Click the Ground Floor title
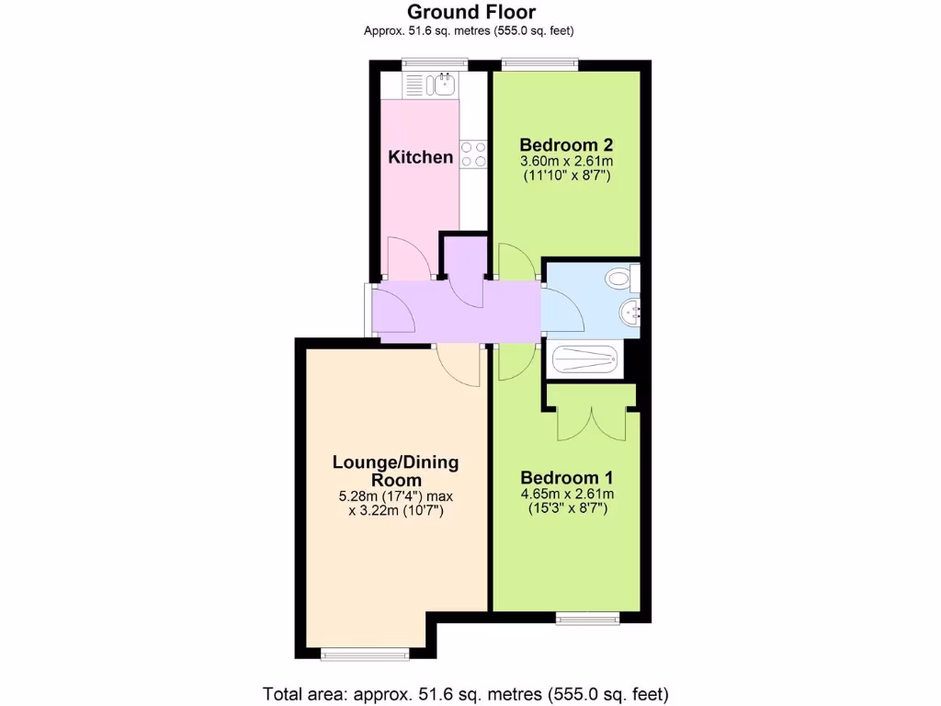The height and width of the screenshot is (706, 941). [x=470, y=12]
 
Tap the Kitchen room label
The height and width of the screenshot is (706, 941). [x=421, y=157]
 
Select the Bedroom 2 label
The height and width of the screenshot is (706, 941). [x=566, y=145]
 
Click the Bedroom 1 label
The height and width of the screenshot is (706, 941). [x=566, y=478]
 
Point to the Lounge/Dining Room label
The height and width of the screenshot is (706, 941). [x=395, y=471]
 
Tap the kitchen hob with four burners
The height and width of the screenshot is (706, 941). [x=473, y=154]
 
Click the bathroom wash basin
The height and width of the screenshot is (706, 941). [x=631, y=312]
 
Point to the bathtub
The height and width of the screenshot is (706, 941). [x=585, y=359]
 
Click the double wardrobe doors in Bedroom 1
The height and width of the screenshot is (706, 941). [x=591, y=421]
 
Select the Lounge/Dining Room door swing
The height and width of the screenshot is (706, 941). [x=459, y=366]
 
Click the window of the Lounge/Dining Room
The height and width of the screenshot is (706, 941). [x=365, y=655]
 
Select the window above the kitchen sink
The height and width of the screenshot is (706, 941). [x=435, y=63]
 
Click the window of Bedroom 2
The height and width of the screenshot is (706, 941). [x=539, y=63]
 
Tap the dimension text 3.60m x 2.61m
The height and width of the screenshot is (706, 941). [x=566, y=162]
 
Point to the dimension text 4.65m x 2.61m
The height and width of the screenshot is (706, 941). [x=566, y=495]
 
